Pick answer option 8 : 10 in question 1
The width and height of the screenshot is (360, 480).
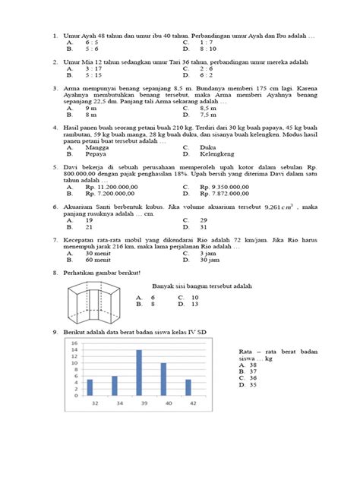pos(209,49)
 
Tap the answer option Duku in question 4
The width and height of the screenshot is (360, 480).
pos(207,147)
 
